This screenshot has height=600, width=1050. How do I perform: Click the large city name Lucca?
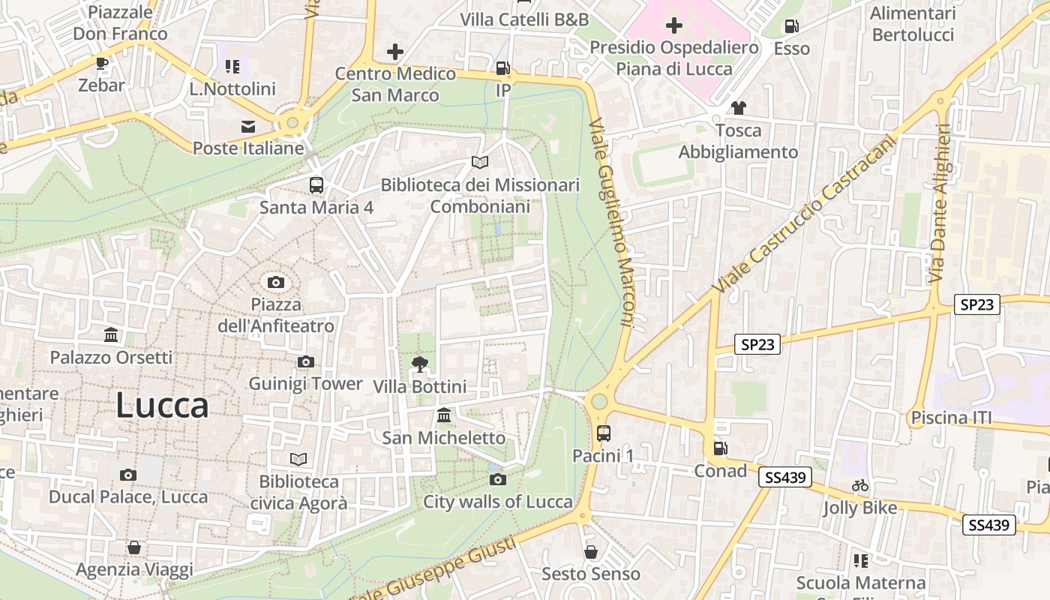[162, 406]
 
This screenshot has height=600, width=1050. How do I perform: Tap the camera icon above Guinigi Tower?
[305, 362]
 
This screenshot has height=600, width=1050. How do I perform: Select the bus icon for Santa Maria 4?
[316, 184]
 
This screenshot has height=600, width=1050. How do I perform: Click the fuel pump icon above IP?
[502, 69]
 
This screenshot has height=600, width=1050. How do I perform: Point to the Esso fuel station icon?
[791, 27]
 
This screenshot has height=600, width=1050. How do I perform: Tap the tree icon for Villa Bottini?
[419, 364]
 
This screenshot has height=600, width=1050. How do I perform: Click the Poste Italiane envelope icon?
[248, 127]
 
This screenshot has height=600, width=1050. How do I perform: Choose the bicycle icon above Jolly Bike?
[859, 486]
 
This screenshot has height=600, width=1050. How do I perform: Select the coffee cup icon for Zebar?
[102, 64]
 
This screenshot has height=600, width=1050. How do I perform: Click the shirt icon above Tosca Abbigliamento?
[738, 108]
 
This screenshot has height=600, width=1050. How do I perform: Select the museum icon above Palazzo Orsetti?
[111, 334]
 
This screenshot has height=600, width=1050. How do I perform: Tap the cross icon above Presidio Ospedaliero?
[673, 26]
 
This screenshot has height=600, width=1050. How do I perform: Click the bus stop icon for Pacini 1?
[603, 433]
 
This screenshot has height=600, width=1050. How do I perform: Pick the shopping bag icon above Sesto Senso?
[591, 552]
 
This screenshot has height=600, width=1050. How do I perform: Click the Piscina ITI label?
[951, 418]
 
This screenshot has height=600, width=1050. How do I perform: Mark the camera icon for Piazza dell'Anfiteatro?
[276, 283]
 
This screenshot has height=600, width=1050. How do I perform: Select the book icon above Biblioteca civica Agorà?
[298, 459]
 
